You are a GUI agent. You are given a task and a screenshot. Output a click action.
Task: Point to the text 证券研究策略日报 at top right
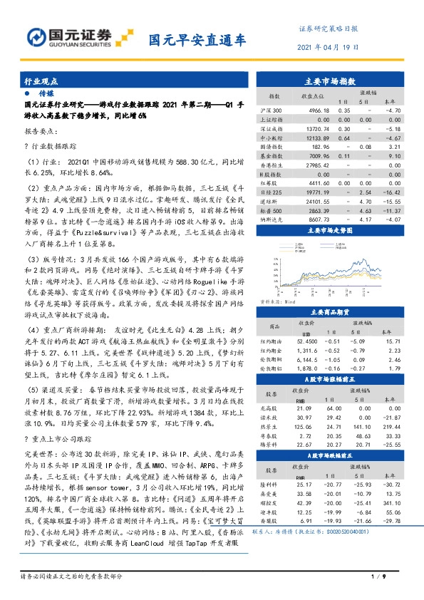pyautogui.click(x=328, y=29)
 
